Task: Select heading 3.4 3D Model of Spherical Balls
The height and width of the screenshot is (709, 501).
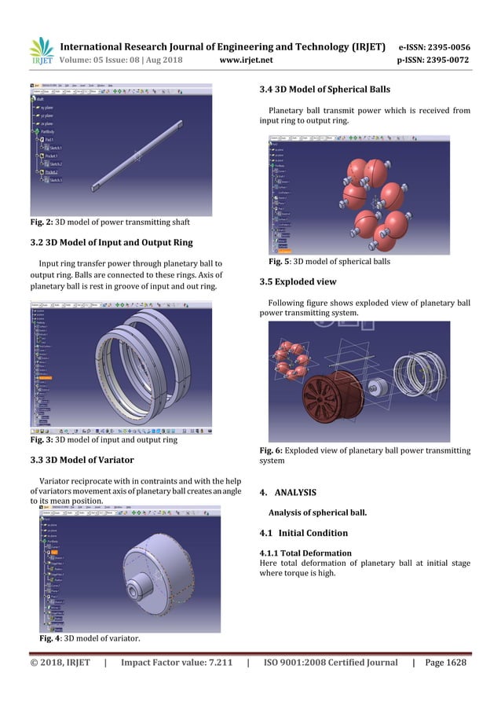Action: pyautogui.click(x=324, y=89)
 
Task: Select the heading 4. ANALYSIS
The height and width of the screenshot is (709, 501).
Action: pyautogui.click(x=287, y=493)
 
